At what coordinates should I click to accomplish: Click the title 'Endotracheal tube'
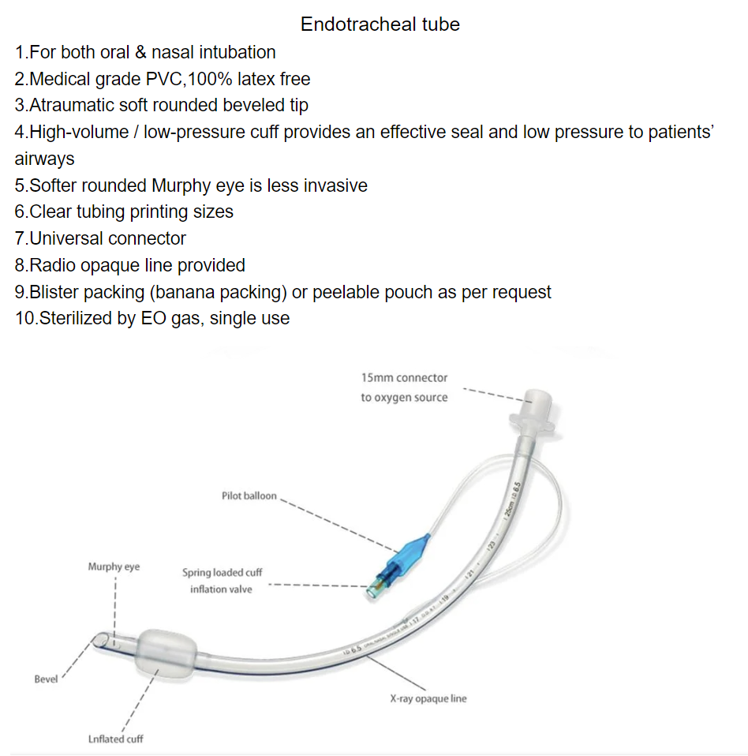(380, 24)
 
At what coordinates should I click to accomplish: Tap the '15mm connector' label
(404, 378)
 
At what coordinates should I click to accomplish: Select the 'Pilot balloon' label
(249, 496)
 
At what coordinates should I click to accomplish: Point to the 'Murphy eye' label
(114, 567)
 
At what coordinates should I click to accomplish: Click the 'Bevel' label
(46, 679)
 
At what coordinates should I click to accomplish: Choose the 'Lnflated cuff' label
(115, 739)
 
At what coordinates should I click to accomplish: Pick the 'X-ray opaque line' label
(428, 699)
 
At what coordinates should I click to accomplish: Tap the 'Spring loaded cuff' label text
(222, 573)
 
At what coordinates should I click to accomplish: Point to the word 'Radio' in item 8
(50, 265)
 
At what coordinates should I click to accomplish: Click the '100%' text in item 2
(205, 79)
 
